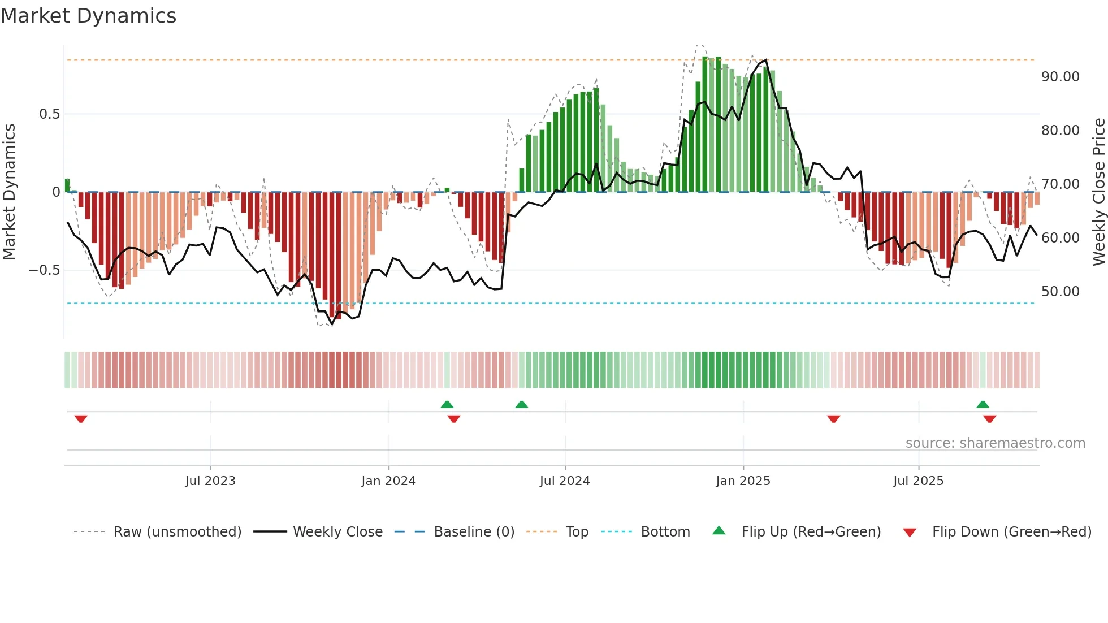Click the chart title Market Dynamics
tap(88, 16)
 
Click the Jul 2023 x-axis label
tap(210, 481)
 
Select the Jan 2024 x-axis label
tap(388, 481)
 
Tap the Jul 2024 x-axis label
tap(565, 481)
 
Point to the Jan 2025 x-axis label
tap(743, 481)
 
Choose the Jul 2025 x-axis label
tap(918, 481)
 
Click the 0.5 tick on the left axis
tap(49, 114)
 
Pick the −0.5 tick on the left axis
tap(45, 270)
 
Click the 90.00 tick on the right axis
tap(1060, 77)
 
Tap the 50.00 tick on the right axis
tap(1060, 292)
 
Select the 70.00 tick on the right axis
tap(1060, 184)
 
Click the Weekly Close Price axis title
tap(1098, 192)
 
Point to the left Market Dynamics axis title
tap(9, 192)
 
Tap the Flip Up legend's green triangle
tap(719, 531)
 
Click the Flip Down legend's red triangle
tap(910, 533)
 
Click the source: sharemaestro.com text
tap(995, 443)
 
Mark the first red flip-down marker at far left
tap(81, 419)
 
